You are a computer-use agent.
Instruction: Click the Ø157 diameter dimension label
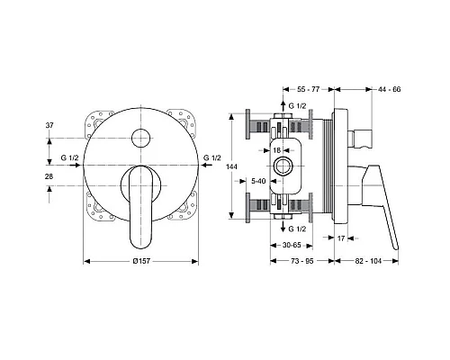[x=141, y=261]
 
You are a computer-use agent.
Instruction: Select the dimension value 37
[x=49, y=125]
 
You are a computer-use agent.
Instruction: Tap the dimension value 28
[x=49, y=176]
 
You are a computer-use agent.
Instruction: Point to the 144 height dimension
[x=232, y=166]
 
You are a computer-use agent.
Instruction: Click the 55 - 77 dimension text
[x=308, y=89]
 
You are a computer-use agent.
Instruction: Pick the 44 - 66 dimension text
[x=390, y=89]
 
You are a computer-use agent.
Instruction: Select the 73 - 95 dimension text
[x=301, y=261]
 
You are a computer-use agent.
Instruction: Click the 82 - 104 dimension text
[x=368, y=261]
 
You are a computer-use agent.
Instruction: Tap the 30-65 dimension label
[x=292, y=245]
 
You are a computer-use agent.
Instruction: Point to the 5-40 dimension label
[x=258, y=181]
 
